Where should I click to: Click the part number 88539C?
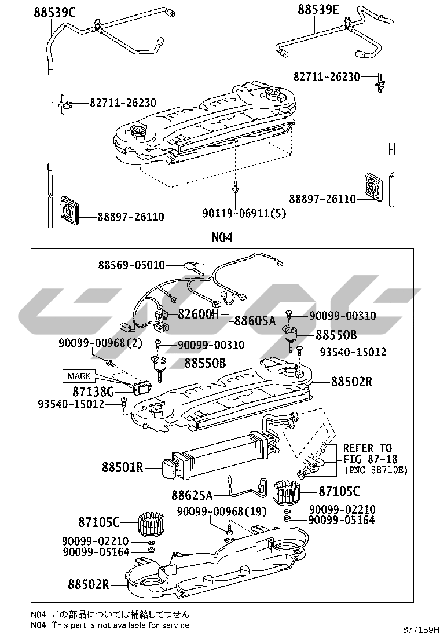55,12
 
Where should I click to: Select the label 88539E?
318,9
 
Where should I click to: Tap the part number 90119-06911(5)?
244,213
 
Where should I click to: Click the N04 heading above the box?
222,237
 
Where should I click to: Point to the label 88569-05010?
131,265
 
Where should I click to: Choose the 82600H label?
199,314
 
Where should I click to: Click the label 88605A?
255,321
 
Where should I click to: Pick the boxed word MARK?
79,376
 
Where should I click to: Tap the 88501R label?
122,467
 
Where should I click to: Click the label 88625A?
192,495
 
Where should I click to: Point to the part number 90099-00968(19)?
222,511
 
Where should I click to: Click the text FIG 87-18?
370,459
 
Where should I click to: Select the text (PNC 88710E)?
376,470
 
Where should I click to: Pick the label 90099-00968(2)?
100,343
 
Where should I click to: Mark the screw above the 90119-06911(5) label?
236,187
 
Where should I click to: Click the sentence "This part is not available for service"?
120,625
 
